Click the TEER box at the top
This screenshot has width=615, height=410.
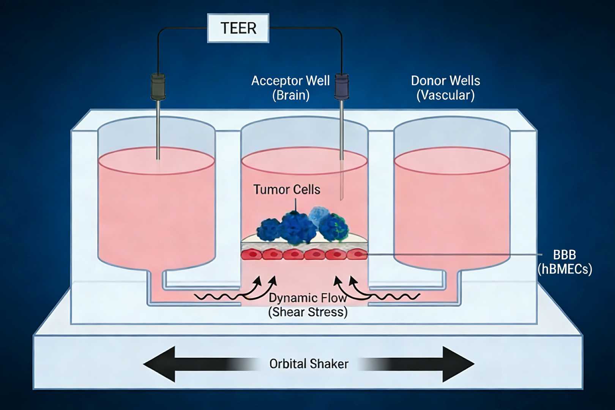click(x=238, y=28)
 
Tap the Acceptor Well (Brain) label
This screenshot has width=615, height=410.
click(x=290, y=88)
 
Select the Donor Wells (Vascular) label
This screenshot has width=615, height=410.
click(x=445, y=88)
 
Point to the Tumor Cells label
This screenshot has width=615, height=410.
click(x=287, y=189)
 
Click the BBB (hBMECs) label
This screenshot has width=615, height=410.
click(x=565, y=262)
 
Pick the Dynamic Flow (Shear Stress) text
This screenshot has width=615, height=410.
click(x=307, y=305)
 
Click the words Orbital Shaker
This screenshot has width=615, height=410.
click(x=309, y=364)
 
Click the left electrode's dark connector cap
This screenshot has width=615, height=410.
click(x=158, y=87)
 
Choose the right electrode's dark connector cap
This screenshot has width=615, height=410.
click(x=341, y=87)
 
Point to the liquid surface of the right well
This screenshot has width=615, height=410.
click(x=452, y=161)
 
